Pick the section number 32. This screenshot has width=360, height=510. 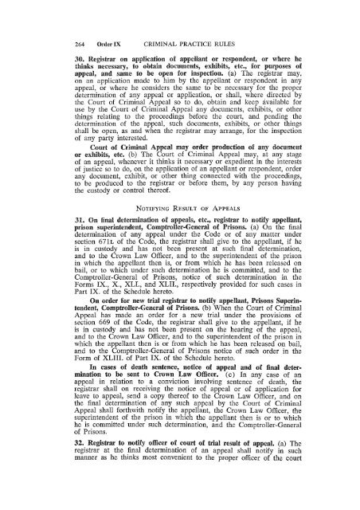(x=57, y=467)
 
